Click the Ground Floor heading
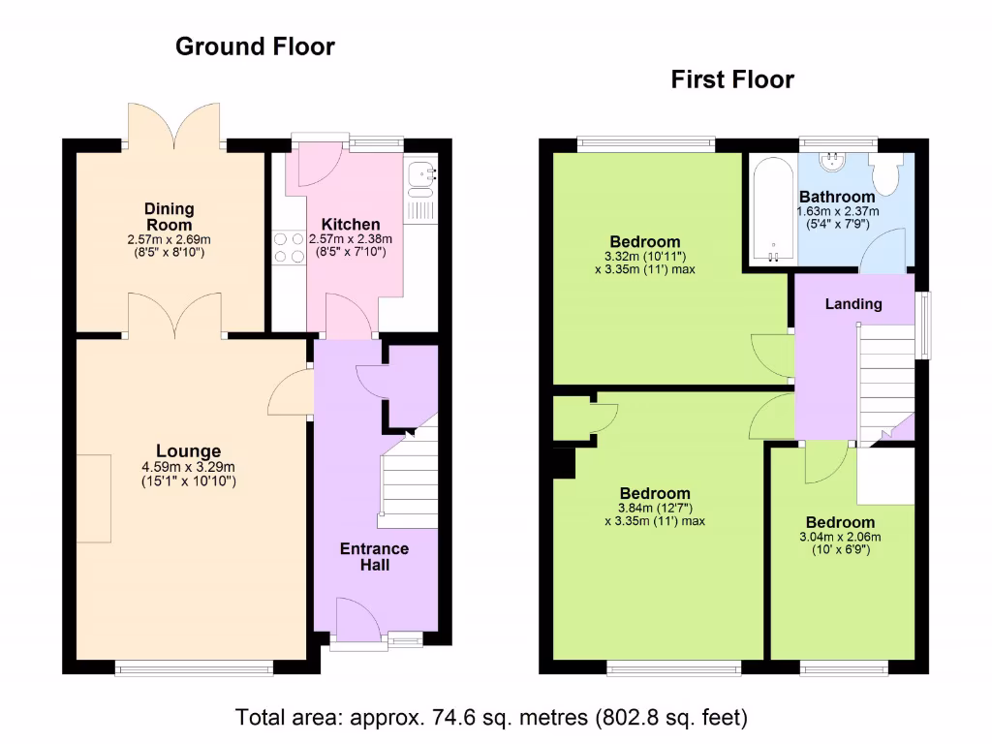tap(255, 46)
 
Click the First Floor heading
tap(732, 79)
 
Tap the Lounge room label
tap(189, 451)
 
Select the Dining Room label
tap(169, 217)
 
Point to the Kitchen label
tap(351, 225)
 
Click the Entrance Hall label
tap(375, 557)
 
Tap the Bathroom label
tap(837, 197)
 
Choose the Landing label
tap(853, 304)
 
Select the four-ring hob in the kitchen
tap(289, 247)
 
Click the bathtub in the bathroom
tap(772, 209)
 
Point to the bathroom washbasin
tap(832, 162)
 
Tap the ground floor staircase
tap(409, 478)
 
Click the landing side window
tap(926, 325)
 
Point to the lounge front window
tap(194, 667)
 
